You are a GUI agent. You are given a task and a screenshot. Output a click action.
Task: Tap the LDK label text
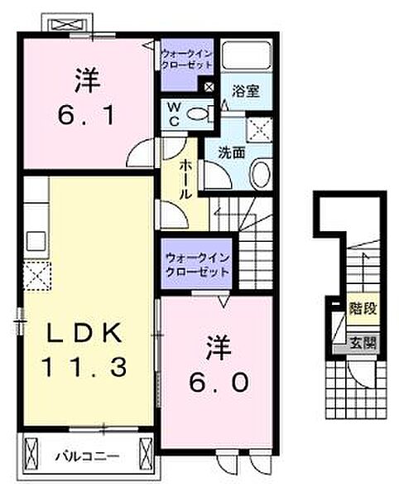click(x=84, y=334)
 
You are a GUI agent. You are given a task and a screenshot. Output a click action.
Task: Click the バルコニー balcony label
click(x=88, y=456)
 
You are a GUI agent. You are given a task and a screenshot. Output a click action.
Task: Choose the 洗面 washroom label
click(x=231, y=153)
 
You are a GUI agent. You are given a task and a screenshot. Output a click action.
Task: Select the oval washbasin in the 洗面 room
click(x=259, y=174)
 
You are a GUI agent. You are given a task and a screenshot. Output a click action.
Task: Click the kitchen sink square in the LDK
click(x=36, y=241)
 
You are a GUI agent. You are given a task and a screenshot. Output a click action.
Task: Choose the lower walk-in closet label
click(x=196, y=265)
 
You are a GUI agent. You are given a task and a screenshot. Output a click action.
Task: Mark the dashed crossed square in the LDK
click(x=37, y=273)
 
